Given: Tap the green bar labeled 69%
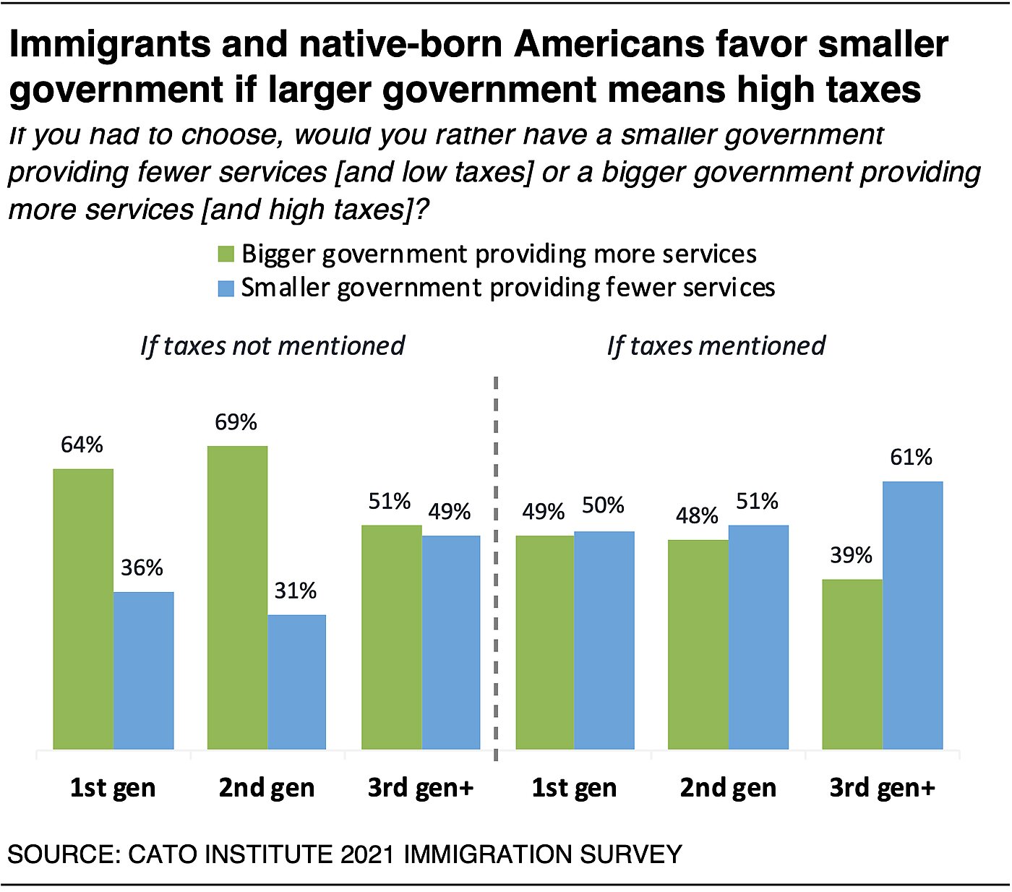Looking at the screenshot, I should click(x=237, y=597).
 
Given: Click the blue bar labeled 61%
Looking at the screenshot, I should click(x=912, y=615).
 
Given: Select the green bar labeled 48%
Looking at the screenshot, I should click(x=698, y=644).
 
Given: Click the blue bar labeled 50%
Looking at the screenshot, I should click(x=604, y=640).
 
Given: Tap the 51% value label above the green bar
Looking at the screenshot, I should click(x=390, y=502).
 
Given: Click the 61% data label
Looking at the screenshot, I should click(x=912, y=458).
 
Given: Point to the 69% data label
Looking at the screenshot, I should click(x=236, y=422).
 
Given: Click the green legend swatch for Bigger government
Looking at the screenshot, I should click(x=226, y=254).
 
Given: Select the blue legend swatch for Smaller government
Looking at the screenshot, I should click(x=226, y=288).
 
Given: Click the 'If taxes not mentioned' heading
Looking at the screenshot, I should click(x=273, y=346).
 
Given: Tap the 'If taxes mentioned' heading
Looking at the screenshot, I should click(x=716, y=346).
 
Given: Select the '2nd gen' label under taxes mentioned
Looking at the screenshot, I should click(x=728, y=788).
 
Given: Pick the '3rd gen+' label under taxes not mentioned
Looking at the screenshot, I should click(x=421, y=788).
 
